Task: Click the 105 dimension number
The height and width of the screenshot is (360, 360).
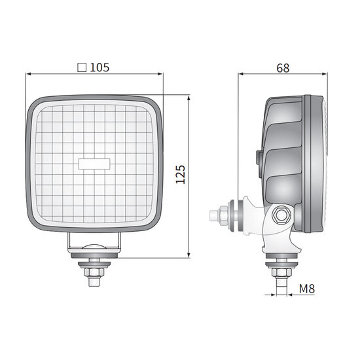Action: point(99,67)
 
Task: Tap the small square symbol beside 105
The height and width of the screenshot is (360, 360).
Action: point(82,67)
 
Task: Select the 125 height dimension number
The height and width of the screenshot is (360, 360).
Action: point(181,174)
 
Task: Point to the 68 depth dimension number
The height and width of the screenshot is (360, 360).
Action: point(283,68)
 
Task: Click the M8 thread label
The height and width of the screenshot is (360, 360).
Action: point(307,289)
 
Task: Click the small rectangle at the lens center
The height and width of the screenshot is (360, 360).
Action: point(94,164)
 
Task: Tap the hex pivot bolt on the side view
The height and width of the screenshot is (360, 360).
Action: point(281,215)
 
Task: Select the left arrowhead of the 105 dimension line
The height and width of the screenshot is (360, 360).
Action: point(29,74)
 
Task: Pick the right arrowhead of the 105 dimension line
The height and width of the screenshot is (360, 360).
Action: point(160,74)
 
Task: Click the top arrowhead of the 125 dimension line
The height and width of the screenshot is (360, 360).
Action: point(189,99)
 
